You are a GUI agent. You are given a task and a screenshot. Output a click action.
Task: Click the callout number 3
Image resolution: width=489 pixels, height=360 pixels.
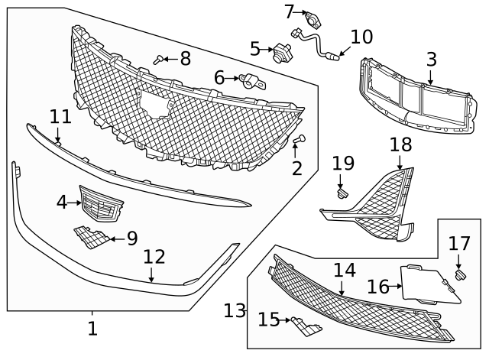(x=431, y=58)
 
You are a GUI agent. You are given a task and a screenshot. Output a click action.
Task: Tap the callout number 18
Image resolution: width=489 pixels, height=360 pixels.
(x=400, y=144)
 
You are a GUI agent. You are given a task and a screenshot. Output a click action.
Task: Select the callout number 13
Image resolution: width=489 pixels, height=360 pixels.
(x=235, y=310)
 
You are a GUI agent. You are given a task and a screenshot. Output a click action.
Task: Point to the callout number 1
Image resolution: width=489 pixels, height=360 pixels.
(x=92, y=329)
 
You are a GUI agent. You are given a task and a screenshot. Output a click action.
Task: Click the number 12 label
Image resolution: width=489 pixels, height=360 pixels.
(x=154, y=257)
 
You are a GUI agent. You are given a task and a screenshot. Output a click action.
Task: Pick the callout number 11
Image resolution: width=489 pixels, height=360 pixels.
(x=60, y=117)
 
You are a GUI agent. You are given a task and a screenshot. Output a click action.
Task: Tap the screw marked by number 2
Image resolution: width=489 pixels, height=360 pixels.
(x=300, y=140)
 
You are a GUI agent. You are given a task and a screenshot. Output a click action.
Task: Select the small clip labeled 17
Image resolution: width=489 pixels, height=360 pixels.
(x=460, y=274)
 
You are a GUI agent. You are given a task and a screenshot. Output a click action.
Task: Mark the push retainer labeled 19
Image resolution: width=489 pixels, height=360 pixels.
(x=341, y=192)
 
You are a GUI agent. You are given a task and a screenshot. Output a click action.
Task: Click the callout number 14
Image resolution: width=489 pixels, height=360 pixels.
(x=344, y=270)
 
